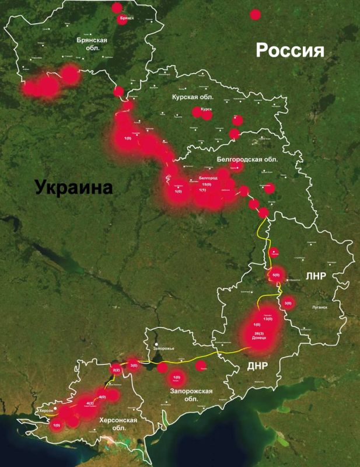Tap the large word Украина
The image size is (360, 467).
point(73,187)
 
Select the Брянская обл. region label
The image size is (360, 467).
point(92,44)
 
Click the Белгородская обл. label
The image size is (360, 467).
point(247,159)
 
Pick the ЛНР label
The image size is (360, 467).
point(313,276)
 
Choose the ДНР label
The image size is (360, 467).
point(257,367)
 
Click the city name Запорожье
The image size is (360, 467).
point(163,348)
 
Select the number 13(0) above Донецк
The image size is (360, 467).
point(268,319)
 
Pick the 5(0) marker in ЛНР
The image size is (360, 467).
point(277,275)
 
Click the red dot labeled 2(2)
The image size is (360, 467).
point(116,370)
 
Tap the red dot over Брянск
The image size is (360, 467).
point(117,8)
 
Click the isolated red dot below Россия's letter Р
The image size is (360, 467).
point(255,14)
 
